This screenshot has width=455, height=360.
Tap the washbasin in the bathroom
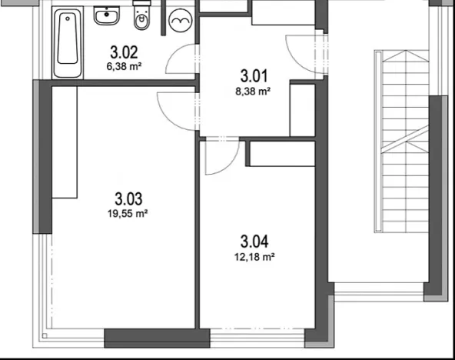tap(106, 15)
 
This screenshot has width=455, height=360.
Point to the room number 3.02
tap(124, 53)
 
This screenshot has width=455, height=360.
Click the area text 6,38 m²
tap(124, 66)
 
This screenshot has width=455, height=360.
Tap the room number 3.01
tap(254, 76)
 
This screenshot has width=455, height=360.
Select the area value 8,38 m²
tap(254, 90)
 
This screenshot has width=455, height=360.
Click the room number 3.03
tap(128, 198)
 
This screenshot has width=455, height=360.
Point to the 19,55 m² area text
tap(128, 214)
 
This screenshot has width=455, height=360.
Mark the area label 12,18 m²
tap(257, 258)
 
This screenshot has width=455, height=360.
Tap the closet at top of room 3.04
tap(280, 154)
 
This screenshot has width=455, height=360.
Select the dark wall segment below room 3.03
tap(157, 338)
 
